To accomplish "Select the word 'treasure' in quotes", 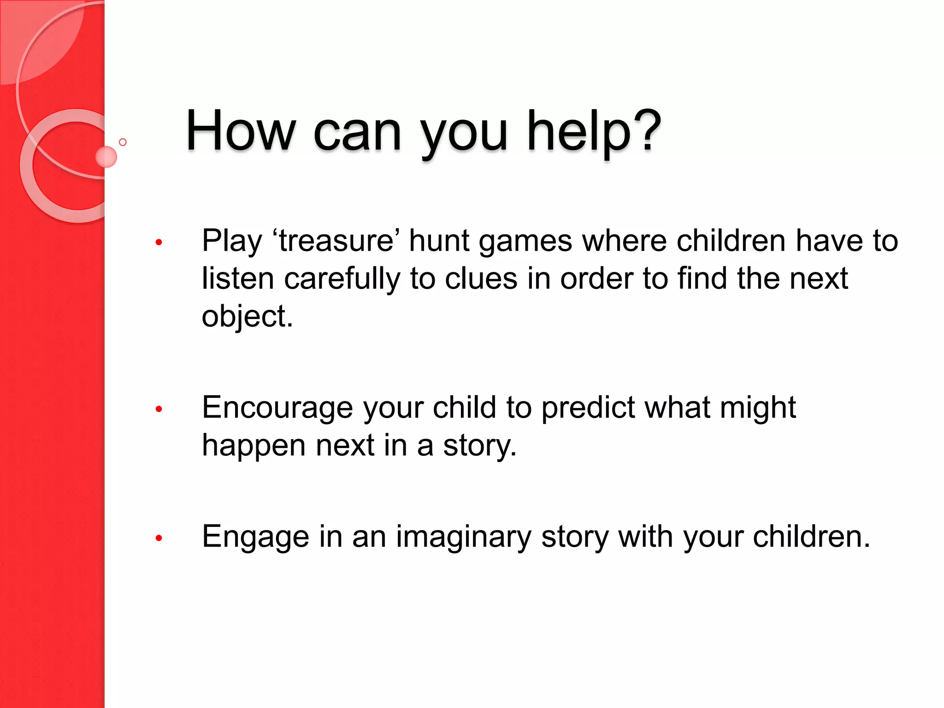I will coord(336,241).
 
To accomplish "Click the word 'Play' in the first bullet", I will coord(232,242).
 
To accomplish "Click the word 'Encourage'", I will coord(277,408).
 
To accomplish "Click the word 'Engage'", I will coord(255,537).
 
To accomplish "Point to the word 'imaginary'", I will coord(463,537).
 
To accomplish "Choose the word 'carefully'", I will coord(342,279).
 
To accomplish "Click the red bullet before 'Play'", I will coord(159,242).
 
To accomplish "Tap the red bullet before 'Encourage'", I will coord(159,408).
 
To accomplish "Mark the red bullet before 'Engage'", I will coord(159,537).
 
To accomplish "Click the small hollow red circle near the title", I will coord(123,142).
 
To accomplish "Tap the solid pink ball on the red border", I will coord(106,157).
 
